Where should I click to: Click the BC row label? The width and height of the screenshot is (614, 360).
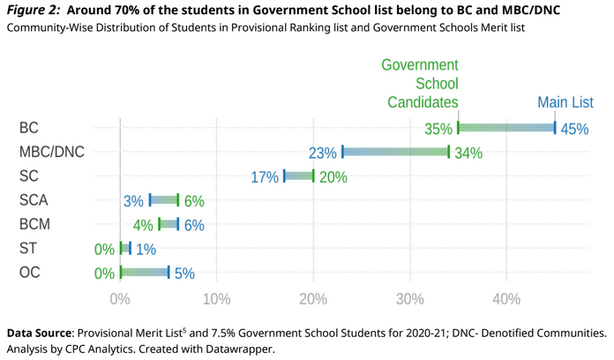click(x=29, y=128)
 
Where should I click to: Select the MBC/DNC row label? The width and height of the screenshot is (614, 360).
click(x=51, y=152)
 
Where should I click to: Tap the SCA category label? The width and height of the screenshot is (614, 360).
click(x=34, y=200)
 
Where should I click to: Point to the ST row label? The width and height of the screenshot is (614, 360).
click(x=29, y=249)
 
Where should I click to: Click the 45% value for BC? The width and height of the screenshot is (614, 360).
click(x=574, y=129)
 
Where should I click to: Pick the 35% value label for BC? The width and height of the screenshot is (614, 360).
click(x=438, y=129)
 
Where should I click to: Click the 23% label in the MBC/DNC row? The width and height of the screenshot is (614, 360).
click(x=323, y=153)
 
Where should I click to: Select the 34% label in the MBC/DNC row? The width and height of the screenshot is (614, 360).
click(x=468, y=153)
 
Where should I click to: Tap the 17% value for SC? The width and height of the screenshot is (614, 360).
click(x=265, y=176)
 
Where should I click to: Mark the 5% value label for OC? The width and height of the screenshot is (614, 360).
click(x=184, y=274)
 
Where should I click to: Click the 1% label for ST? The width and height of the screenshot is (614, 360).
click(x=146, y=249)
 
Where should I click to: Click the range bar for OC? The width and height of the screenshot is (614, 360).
click(x=145, y=273)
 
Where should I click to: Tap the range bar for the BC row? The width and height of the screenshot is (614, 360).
click(x=506, y=128)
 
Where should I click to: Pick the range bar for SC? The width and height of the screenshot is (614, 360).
click(x=298, y=176)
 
